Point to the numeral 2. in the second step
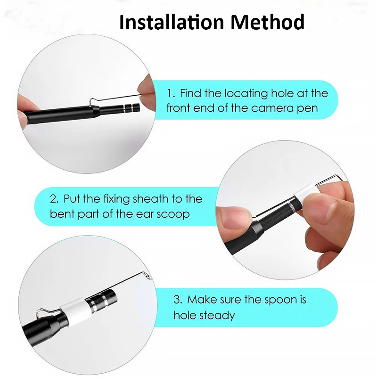coord(55,198)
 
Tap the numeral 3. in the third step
coord(178,300)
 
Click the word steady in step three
coord(218,315)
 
